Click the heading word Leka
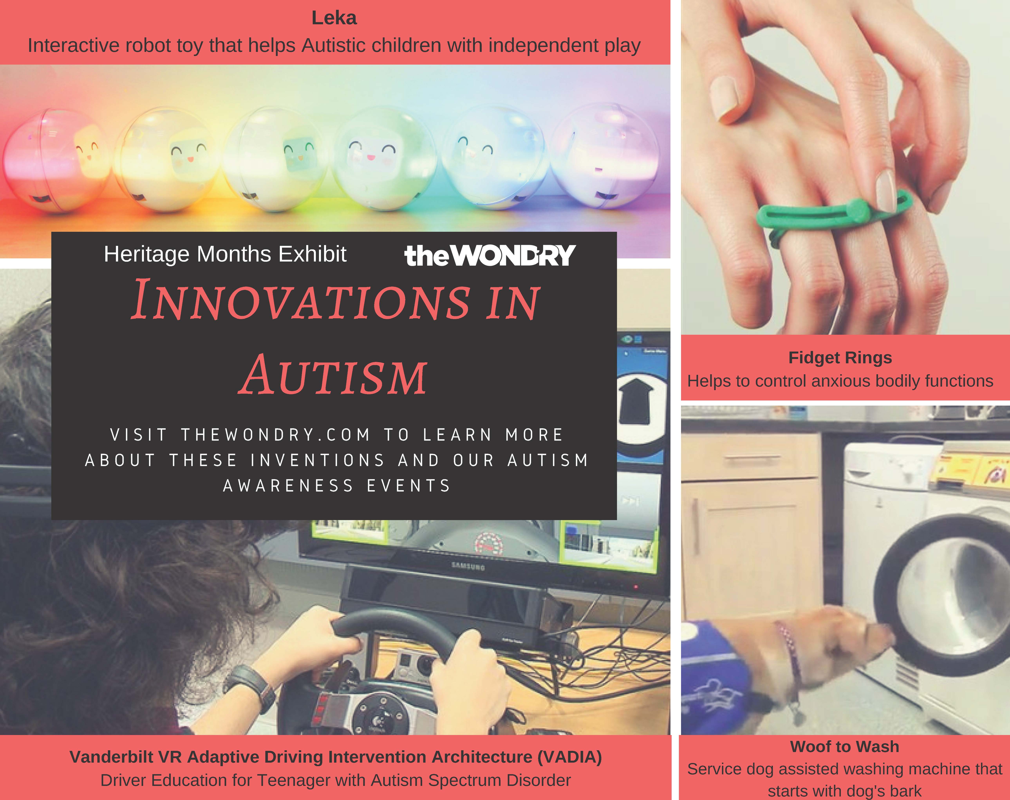pos(334,18)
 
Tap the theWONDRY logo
pos(490,255)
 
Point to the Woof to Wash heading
pos(845,746)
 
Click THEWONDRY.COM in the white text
pos(276,435)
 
